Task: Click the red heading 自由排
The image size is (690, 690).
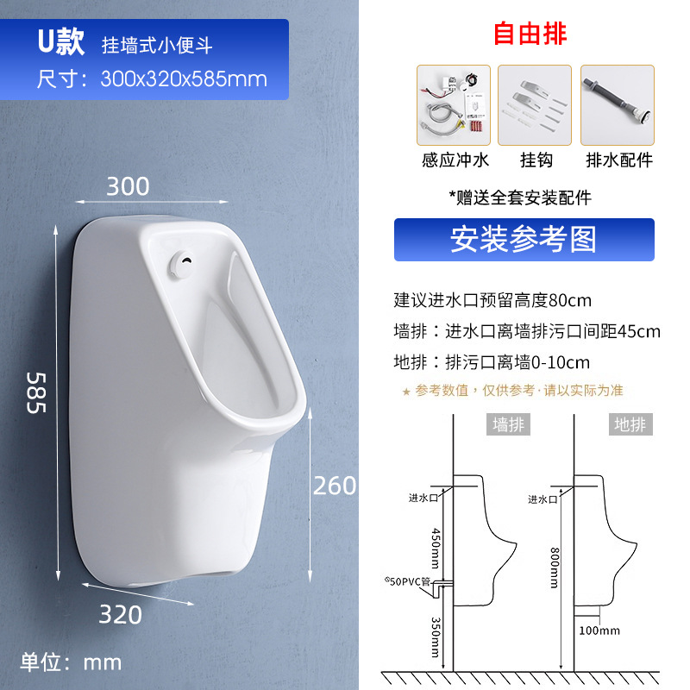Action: (x=530, y=34)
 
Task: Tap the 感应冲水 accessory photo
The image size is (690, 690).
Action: (x=454, y=104)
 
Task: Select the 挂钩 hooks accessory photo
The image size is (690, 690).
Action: (x=535, y=104)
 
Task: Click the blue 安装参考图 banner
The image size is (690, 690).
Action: (x=524, y=239)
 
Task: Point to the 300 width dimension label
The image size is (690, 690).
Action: (x=128, y=186)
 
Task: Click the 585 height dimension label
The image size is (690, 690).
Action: (x=34, y=392)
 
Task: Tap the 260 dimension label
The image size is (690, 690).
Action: (x=334, y=486)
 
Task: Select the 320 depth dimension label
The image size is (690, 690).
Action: (x=120, y=614)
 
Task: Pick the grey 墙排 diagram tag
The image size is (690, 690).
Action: (x=508, y=424)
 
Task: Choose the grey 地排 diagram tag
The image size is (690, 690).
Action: (x=630, y=424)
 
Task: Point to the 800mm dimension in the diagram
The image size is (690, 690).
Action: (x=565, y=565)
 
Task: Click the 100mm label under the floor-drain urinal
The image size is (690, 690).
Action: (x=599, y=630)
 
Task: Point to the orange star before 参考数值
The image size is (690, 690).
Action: (x=406, y=391)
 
